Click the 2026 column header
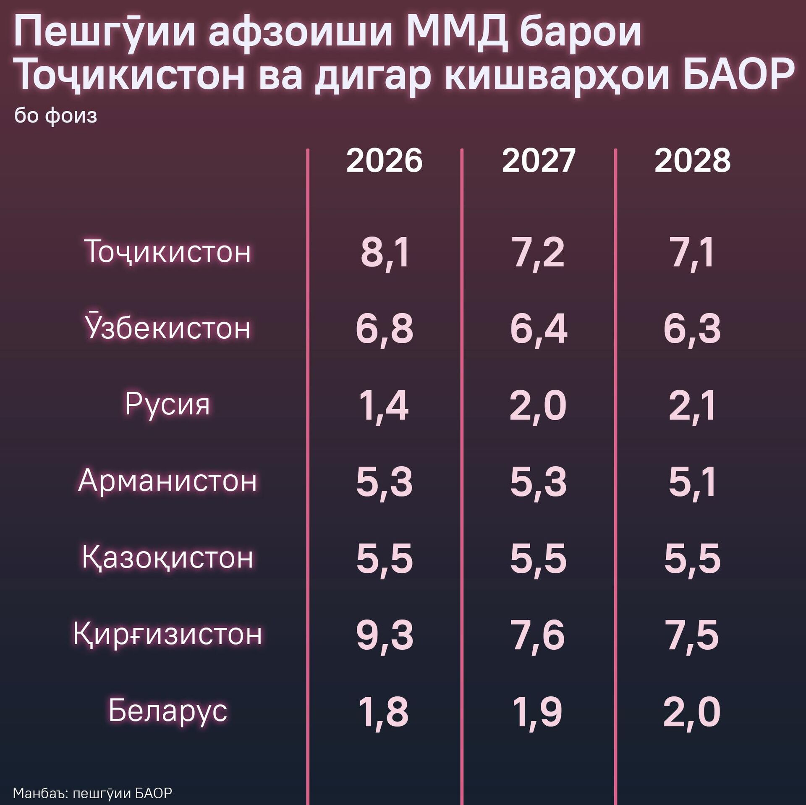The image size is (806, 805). [x=384, y=160]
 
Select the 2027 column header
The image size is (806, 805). [x=538, y=160]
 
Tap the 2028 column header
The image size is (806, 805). [x=692, y=160]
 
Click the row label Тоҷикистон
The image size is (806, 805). [x=167, y=251]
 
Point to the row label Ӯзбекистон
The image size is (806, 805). [x=167, y=327]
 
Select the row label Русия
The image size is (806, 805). [x=167, y=404]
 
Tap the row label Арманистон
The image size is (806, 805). [x=167, y=481]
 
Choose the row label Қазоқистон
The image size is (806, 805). [x=167, y=557]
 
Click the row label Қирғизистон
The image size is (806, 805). [x=167, y=634]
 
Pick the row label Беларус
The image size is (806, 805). [x=167, y=711]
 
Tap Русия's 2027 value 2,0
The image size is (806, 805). [x=538, y=406]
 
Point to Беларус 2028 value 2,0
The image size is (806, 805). [x=692, y=712]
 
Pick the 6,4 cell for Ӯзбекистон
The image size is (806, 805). [x=538, y=329]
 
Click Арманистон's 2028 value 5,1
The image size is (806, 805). [x=692, y=482]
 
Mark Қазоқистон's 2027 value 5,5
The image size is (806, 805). [x=538, y=559]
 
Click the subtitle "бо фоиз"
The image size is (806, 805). [x=56, y=115]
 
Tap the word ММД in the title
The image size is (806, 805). [x=457, y=32]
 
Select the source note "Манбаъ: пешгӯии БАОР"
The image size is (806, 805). [x=92, y=793]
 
